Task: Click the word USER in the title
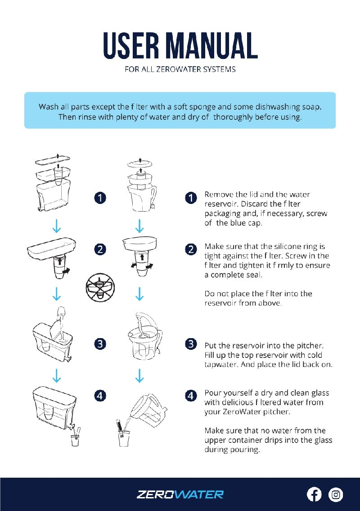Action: coord(131,45)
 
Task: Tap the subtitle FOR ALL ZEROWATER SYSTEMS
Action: coord(180,69)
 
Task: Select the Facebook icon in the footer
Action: coord(314,494)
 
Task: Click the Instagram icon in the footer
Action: coord(336,494)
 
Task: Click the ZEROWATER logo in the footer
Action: coord(180,494)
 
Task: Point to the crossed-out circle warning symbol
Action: coord(100,287)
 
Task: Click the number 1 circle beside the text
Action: coord(191,198)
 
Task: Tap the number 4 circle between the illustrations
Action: coord(100,396)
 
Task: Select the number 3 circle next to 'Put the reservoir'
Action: coord(191,344)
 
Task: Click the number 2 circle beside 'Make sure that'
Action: coord(191,249)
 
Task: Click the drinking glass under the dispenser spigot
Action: coord(75,440)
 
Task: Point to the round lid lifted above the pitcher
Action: coord(140,163)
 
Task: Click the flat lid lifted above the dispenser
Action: coord(53,160)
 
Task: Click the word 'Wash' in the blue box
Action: coord(49,107)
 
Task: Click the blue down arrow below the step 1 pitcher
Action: coord(139,226)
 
